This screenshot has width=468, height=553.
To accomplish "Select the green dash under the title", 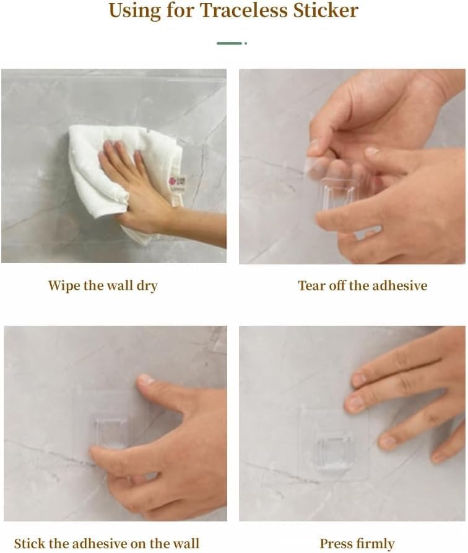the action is (x=232, y=43).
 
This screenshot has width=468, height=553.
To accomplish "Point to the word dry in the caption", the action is (x=147, y=286).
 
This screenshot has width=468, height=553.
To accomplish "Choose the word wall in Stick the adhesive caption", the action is (x=186, y=543).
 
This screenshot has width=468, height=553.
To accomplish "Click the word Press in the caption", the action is (x=335, y=543).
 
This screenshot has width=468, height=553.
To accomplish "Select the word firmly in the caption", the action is (x=375, y=544).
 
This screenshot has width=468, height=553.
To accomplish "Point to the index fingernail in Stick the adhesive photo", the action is (x=145, y=379).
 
